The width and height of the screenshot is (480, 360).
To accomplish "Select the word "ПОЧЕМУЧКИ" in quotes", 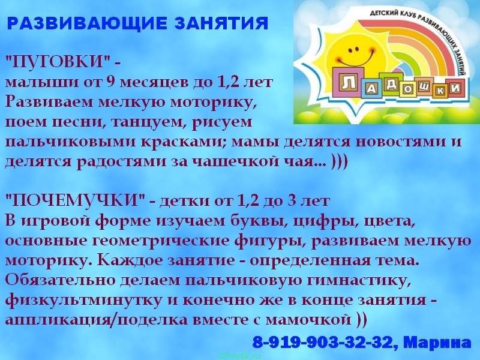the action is [76, 201].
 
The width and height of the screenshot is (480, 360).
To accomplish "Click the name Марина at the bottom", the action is [437, 342].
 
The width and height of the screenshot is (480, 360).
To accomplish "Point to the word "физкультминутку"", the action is [83, 301].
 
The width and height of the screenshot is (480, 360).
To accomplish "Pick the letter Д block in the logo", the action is [391, 84].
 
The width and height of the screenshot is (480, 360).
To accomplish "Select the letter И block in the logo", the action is [456, 88].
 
